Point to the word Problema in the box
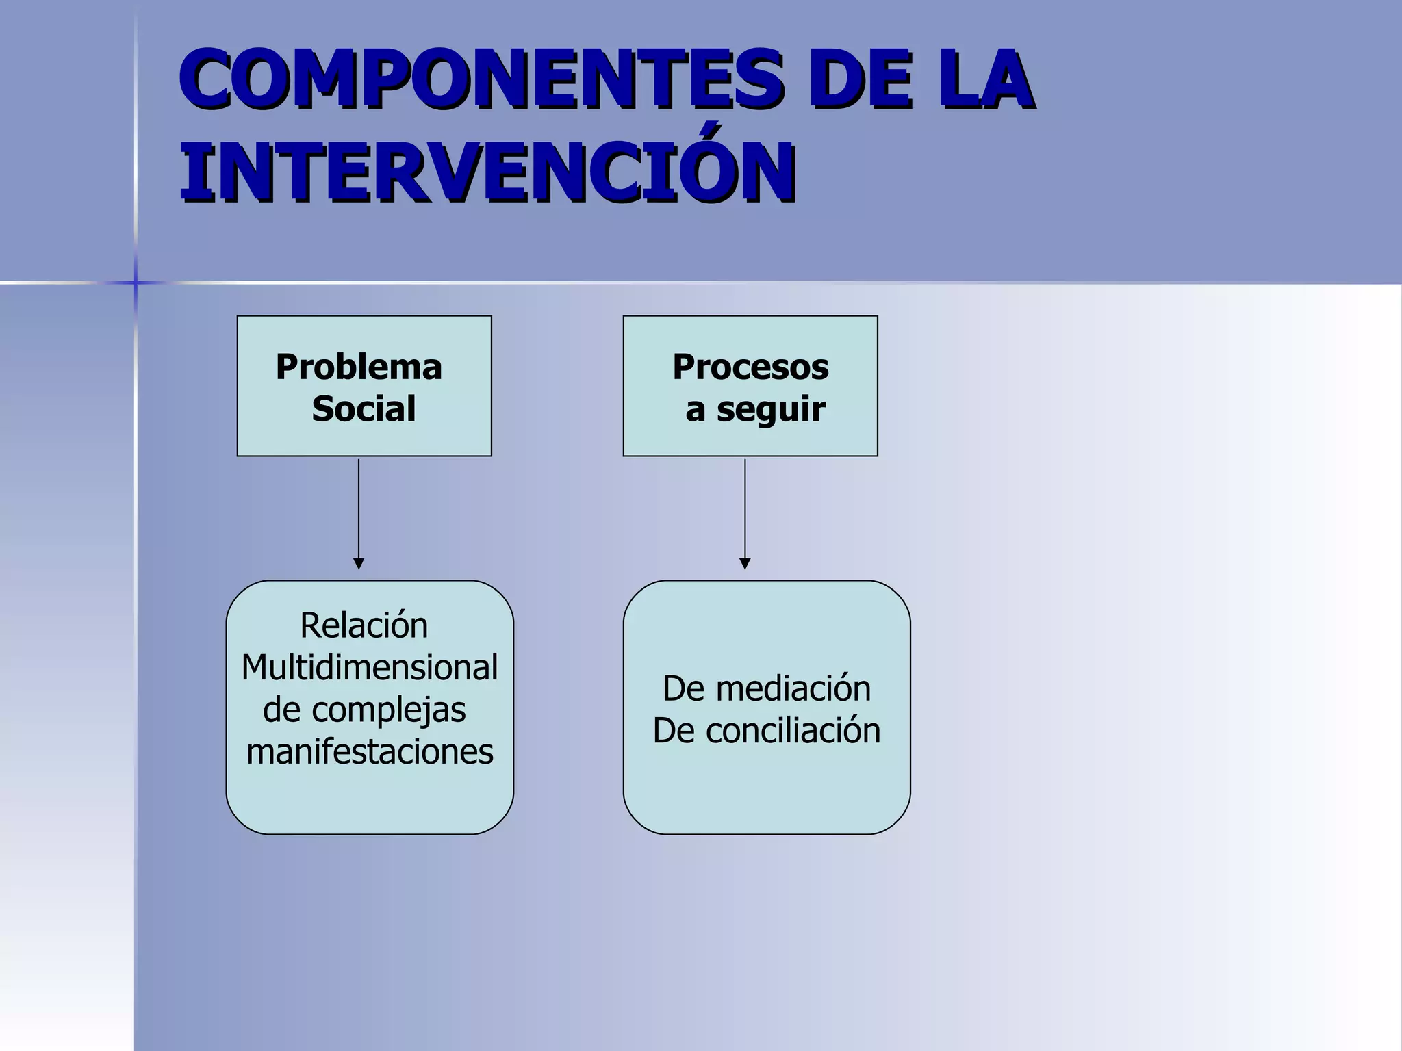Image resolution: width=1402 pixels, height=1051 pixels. coord(359,367)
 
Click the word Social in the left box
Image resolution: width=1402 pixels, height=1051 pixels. coord(364,408)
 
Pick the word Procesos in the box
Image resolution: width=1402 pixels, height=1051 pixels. coord(750,367)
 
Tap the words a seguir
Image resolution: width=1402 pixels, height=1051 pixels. coord(755,409)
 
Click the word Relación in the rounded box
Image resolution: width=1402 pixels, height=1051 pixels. coord(364,625)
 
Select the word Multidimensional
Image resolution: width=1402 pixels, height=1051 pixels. coord(369,668)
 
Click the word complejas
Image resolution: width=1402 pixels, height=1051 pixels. coord(388,710)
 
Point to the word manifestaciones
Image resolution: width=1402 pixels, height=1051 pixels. coord(370,752)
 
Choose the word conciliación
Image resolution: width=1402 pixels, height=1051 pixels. coord(793,731)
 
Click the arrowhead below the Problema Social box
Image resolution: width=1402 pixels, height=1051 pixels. coord(359,564)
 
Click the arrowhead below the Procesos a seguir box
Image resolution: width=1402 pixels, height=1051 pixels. coord(745,564)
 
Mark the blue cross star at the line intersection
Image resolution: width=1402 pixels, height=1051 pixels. coord(136,283)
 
